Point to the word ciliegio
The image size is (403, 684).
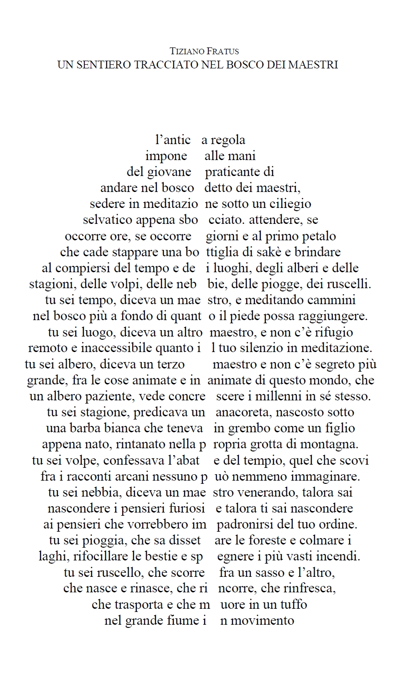[x=293, y=204]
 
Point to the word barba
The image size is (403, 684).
[x=86, y=429]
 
